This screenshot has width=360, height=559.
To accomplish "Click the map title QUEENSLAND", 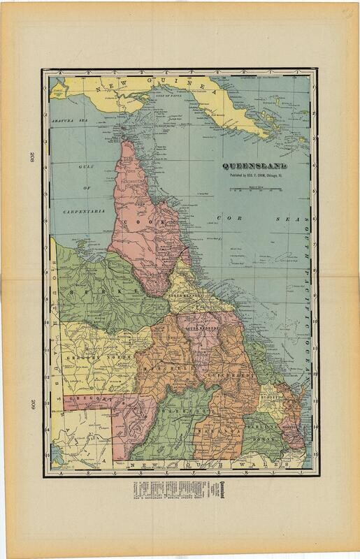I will tap(254, 167).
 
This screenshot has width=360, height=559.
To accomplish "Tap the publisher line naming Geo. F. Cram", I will tap(254, 176).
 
